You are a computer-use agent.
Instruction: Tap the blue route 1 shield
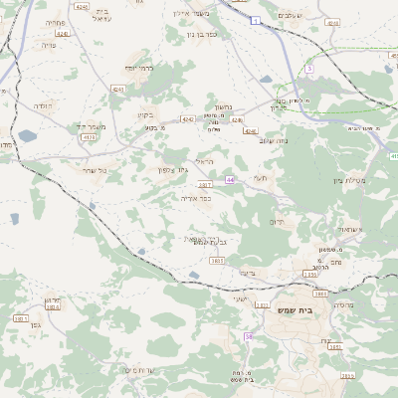pyautogui.click(x=257, y=20)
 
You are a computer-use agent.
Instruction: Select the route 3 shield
pyautogui.click(x=309, y=69)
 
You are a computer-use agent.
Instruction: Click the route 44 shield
pyautogui.click(x=230, y=179)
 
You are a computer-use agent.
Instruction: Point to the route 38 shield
pyautogui.click(x=249, y=337)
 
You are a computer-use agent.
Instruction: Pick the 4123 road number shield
pyautogui.click(x=91, y=137)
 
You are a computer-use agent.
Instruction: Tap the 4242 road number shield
pyautogui.click(x=187, y=118)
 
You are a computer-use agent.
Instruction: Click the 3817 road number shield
pyautogui.click(x=206, y=186)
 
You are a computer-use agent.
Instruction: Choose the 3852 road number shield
pyautogui.click(x=334, y=347)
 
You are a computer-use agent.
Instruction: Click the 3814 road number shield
pyautogui.click(x=53, y=307)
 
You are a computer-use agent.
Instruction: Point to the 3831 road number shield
pyautogui.click(x=21, y=318)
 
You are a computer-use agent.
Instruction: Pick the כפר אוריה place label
pyautogui.click(x=195, y=198)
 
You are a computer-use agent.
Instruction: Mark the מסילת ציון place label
pyautogui.click(x=351, y=180)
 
